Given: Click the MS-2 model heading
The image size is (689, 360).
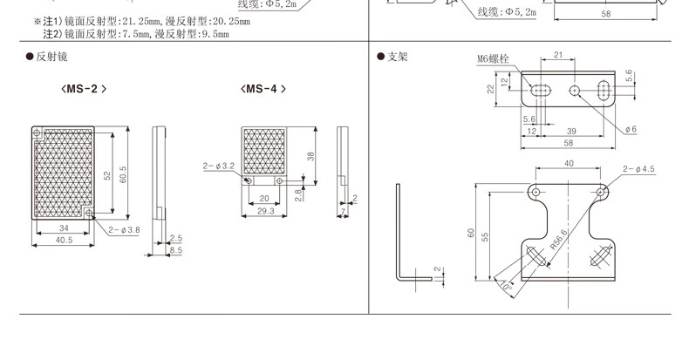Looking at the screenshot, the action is (84, 89).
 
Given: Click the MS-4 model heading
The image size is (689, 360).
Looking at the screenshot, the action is (263, 89).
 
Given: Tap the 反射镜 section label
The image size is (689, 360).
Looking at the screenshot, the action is (51, 57).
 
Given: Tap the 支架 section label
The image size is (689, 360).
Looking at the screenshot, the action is (397, 57).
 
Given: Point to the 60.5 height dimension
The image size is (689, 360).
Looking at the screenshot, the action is (123, 174).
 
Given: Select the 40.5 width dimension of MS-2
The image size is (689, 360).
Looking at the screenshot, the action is (65, 241).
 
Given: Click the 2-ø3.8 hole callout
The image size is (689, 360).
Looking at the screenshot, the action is (124, 229).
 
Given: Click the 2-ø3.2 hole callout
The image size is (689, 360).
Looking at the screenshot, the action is (219, 166).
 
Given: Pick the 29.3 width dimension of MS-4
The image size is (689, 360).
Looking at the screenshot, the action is (265, 211).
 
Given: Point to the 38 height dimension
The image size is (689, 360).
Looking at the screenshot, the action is (310, 156).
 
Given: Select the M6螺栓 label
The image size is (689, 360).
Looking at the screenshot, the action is (493, 58).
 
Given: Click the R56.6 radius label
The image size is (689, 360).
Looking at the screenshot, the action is (559, 240).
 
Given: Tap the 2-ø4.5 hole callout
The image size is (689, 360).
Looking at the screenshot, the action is (638, 169).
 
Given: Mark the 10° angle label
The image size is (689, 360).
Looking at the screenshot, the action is (507, 286).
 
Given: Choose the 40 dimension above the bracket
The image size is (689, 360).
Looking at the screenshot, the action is (569, 163).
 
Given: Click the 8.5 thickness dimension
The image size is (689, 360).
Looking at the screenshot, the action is (176, 250).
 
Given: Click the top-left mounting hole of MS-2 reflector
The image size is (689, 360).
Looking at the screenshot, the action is (37, 132).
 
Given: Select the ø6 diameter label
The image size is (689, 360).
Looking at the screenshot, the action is (631, 129).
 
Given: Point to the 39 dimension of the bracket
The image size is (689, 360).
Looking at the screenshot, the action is (571, 131).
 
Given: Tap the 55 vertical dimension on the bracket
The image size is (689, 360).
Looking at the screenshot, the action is (485, 237).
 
